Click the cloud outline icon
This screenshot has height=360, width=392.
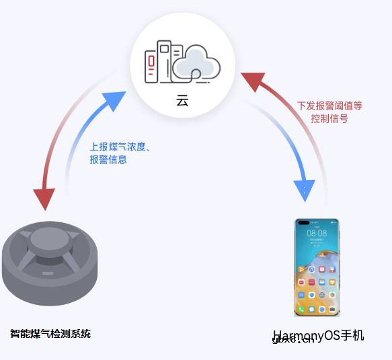point(197,63)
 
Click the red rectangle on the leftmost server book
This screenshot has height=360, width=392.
point(151,62)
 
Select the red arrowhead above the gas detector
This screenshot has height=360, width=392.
point(44,198)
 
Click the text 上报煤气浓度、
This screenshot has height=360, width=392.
point(120,146)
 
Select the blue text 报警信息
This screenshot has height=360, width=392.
point(108,160)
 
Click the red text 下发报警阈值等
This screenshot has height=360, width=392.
point(329,106)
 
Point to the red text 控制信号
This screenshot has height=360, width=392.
point(329,119)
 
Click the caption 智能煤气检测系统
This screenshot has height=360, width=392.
point(50,333)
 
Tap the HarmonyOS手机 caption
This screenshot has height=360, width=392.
point(318,335)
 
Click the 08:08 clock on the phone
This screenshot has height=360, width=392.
point(317,233)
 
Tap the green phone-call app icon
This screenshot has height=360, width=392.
point(301,309)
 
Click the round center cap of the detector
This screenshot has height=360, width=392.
point(49,238)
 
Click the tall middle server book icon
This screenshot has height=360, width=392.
point(163,59)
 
